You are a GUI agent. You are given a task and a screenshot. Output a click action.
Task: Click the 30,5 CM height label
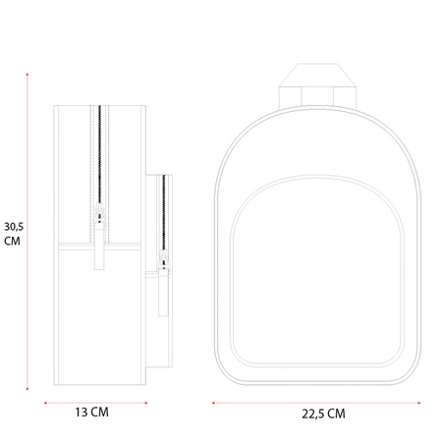click(x=14, y=234)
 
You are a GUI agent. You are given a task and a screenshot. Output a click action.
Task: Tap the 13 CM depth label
click(x=92, y=413)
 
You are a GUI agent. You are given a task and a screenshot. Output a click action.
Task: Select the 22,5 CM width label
click(x=323, y=414)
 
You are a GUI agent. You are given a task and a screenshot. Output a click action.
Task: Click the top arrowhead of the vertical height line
click(x=28, y=75)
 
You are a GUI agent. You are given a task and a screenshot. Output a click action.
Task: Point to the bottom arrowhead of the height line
click(x=28, y=389)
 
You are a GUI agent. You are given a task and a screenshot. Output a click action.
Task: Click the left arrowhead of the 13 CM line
click(x=45, y=403)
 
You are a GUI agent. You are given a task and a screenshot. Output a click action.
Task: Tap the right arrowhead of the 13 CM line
click(x=145, y=403)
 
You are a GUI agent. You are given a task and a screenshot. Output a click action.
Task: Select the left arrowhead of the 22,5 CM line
click(x=213, y=403)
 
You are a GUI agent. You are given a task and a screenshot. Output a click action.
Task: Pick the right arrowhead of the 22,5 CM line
click(x=418, y=403)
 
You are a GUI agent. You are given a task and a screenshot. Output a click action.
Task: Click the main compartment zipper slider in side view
click(x=99, y=213)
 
